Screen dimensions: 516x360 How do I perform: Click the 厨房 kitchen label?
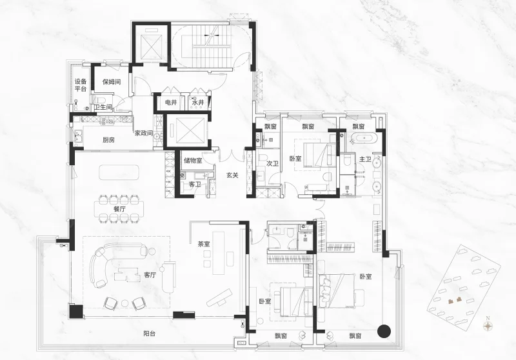pos(108,140)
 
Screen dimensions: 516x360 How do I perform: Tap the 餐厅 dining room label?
pos(119,209)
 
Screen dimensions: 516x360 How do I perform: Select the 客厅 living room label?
pos(150,275)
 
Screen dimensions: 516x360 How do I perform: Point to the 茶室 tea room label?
pos(204,244)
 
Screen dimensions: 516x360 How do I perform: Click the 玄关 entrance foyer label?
pos(232,175)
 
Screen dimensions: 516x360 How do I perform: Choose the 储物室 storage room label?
pos(193,161)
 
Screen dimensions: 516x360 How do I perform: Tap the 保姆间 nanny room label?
pos(112,81)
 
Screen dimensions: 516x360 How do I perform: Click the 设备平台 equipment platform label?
pos(81,85)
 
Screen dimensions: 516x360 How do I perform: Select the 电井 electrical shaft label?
pos(171,103)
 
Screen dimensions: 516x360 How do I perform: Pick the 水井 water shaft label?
pos(198,103)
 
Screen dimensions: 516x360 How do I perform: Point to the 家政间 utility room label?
pos(143,133)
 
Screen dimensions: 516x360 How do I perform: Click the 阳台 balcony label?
pos(150,334)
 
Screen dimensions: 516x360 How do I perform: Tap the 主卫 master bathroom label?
pos(365,159)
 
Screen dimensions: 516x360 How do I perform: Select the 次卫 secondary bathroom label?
pos(272,163)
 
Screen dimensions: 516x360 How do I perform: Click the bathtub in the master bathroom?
pos(362,139)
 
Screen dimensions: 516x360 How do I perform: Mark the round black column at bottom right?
pos(384,332)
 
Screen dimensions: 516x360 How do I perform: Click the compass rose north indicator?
pos(488,326)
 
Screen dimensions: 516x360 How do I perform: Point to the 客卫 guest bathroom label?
pos(195,185)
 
